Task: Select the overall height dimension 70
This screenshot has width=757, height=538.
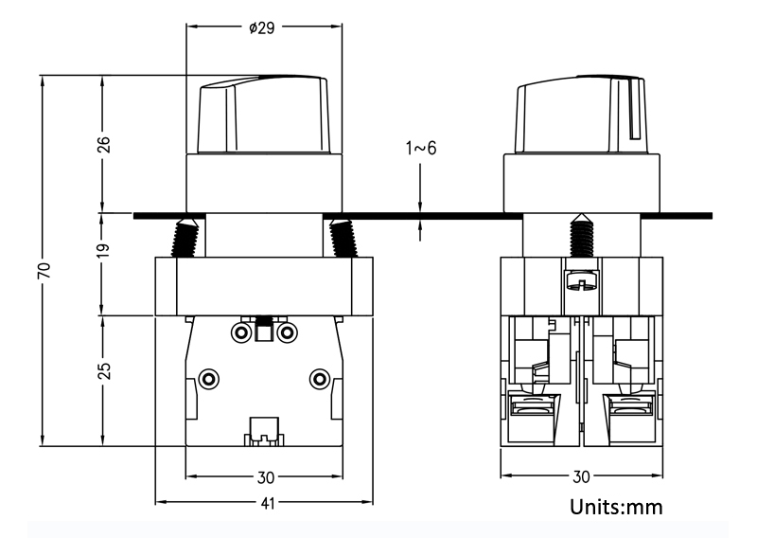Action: click(44, 269)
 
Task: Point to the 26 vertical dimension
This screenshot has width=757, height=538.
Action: click(104, 144)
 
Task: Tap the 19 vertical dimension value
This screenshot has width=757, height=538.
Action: click(104, 250)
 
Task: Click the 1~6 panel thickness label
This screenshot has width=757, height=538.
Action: click(421, 148)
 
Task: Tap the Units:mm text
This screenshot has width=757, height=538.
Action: click(616, 507)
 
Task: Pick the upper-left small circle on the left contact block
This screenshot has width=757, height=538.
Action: click(241, 332)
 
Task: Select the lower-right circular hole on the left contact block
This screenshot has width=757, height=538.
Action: click(320, 380)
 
